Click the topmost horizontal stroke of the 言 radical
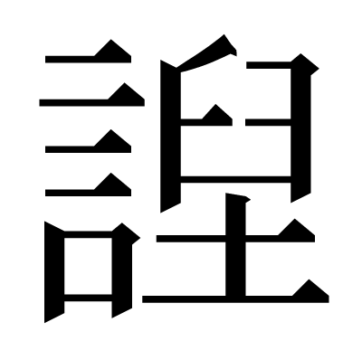point(88,59)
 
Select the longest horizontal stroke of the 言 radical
point(92,102)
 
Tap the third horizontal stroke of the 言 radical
point(88,149)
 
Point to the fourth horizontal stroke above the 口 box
point(88,193)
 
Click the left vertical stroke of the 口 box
point(54,271)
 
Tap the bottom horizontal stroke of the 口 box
point(88,298)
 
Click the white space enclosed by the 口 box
point(88,266)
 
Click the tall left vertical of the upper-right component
point(170,136)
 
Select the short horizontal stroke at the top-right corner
point(269,65)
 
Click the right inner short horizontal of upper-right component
point(268,122)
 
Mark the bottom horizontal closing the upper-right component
point(235,179)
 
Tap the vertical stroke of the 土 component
point(235,246)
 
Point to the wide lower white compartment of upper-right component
point(235,151)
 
